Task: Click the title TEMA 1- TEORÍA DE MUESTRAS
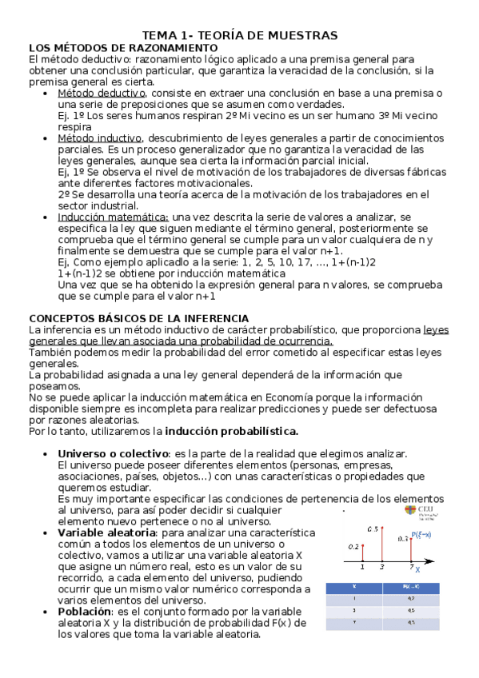(x=240, y=35)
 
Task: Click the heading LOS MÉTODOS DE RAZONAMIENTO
(x=122, y=47)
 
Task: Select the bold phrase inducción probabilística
(x=231, y=431)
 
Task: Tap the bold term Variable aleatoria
(x=114, y=532)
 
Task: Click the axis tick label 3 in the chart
(x=381, y=567)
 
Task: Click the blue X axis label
(x=418, y=570)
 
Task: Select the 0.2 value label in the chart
(x=353, y=547)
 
